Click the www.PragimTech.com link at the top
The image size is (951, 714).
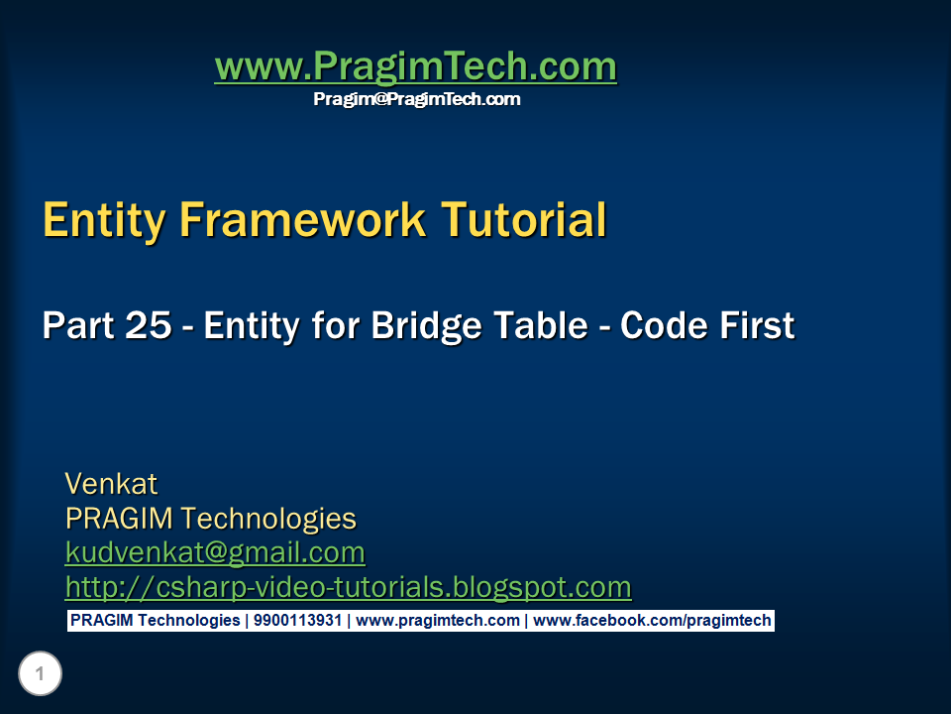[x=415, y=66]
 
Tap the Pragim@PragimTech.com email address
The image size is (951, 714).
[x=417, y=99]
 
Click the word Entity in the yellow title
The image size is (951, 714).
[x=104, y=221]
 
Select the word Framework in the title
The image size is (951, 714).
[x=303, y=220]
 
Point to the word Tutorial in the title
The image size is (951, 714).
[x=523, y=220]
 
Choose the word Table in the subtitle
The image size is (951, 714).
[x=541, y=325]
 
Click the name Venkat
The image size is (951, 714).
[x=111, y=485]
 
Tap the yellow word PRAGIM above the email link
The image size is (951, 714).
[x=120, y=519]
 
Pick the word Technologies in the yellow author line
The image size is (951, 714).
[x=268, y=520]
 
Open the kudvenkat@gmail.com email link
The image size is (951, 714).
[x=215, y=553]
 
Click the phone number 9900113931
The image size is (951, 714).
[x=298, y=621]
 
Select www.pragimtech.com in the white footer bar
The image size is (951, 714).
[x=438, y=621]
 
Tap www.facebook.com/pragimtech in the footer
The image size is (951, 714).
[x=652, y=621]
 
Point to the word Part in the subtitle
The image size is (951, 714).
[x=77, y=325]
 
